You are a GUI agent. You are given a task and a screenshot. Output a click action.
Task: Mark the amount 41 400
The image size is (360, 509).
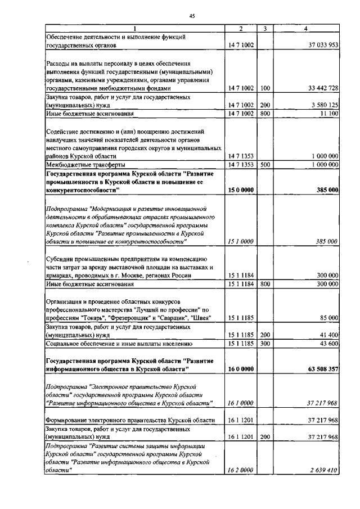(327, 335)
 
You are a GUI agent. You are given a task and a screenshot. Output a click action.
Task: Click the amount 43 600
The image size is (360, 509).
(327, 343)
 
